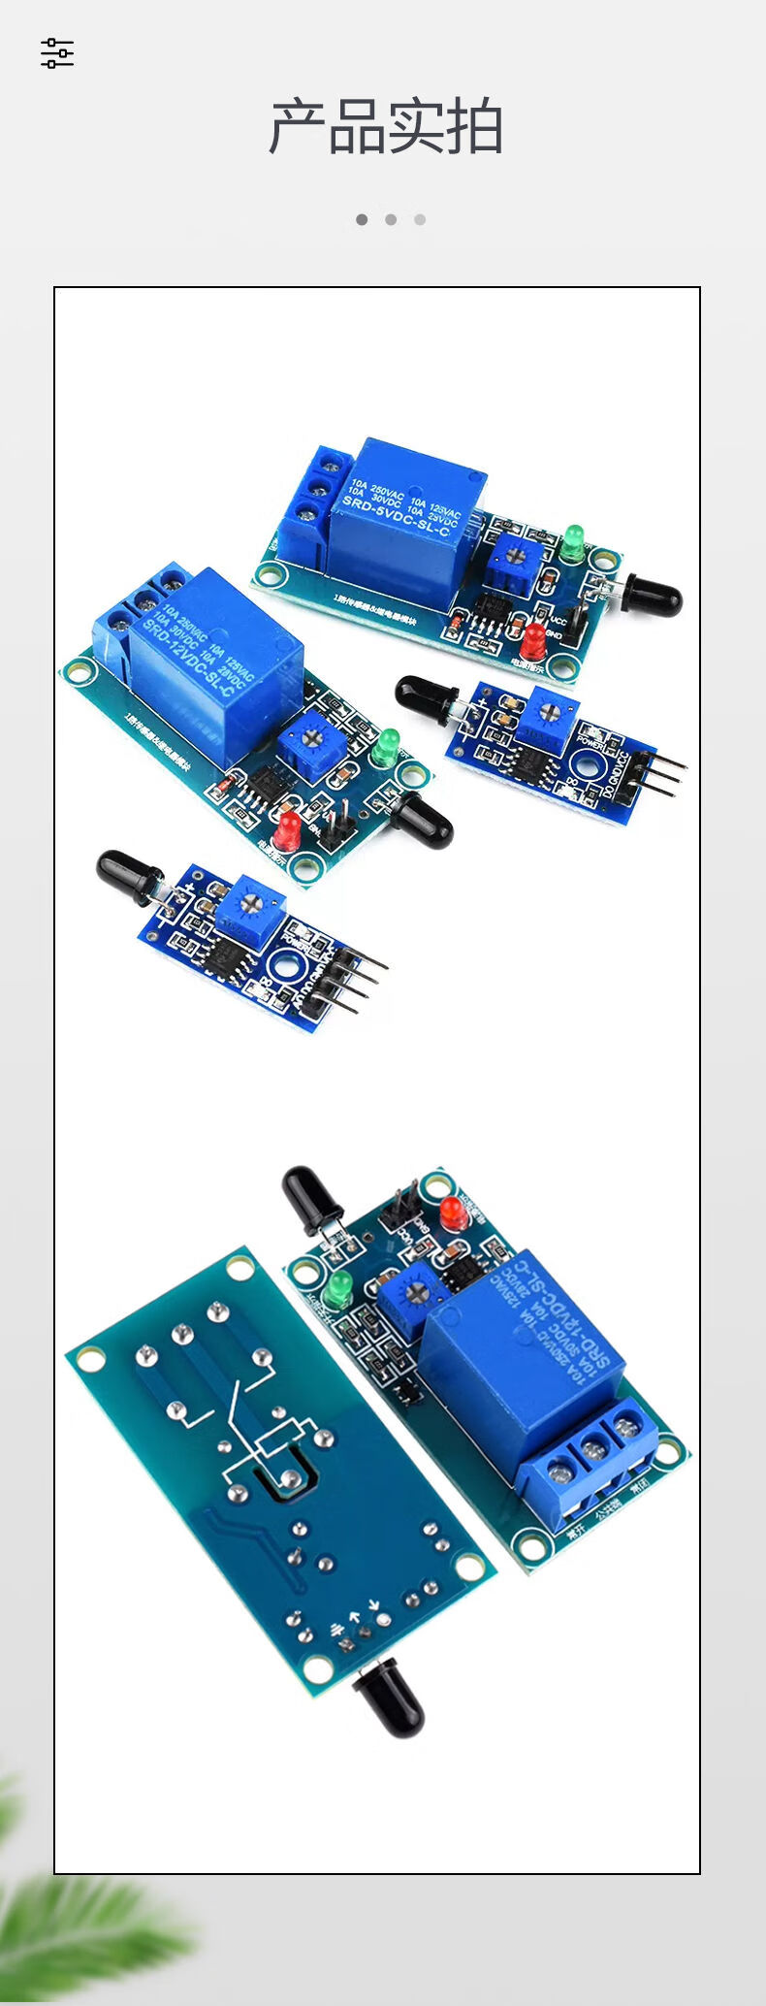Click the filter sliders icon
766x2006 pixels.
coord(57,53)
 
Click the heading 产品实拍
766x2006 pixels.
coord(385,127)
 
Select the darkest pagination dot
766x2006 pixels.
coord(362,219)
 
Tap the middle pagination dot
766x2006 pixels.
coord(391,219)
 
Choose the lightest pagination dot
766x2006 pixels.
coord(420,219)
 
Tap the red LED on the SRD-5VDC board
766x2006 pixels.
coord(532,640)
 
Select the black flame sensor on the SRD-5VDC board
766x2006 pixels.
coord(653,594)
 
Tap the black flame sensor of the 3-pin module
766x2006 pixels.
coord(427,693)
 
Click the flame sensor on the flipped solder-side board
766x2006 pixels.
coord(389,1697)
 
